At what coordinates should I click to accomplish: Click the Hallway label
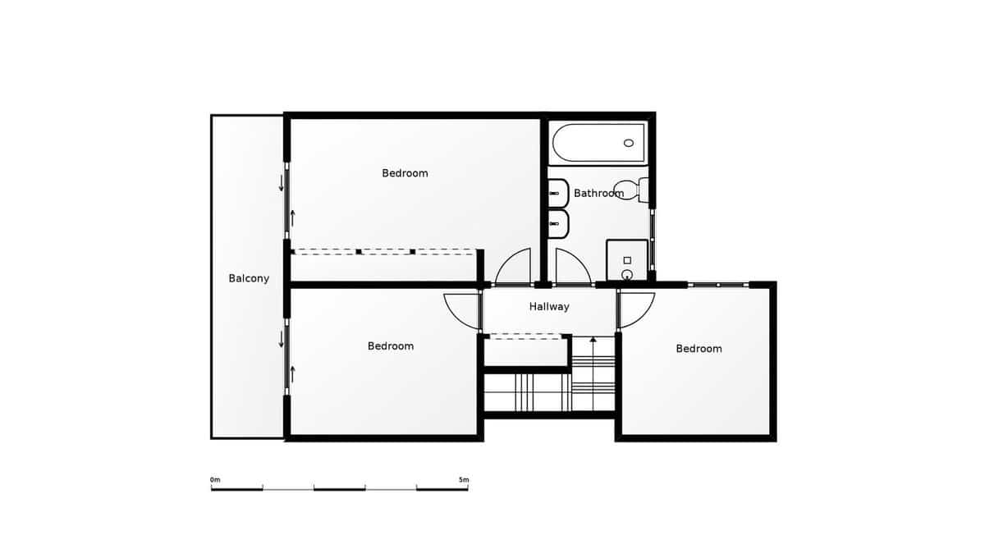[x=548, y=307]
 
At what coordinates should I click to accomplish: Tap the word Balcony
[x=249, y=279]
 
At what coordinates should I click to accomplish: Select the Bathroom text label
[x=598, y=194]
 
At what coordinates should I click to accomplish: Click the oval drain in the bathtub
[x=629, y=143]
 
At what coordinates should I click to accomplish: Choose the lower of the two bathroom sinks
[x=558, y=222]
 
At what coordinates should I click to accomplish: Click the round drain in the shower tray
[x=627, y=274]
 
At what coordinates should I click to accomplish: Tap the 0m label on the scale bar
[x=215, y=479]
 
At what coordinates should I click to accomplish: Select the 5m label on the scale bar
[x=464, y=479]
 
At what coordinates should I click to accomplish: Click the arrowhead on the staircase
[x=593, y=338]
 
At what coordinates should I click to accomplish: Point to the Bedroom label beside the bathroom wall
[x=405, y=173]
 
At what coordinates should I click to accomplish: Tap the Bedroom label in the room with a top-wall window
[x=699, y=349]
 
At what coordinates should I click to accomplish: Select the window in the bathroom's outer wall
[x=653, y=240]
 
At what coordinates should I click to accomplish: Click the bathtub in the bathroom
[x=598, y=143]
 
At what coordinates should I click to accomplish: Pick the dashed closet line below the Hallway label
[x=525, y=336]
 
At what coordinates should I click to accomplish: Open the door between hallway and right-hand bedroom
[x=637, y=309]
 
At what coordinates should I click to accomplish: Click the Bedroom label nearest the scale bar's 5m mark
[x=391, y=346]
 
